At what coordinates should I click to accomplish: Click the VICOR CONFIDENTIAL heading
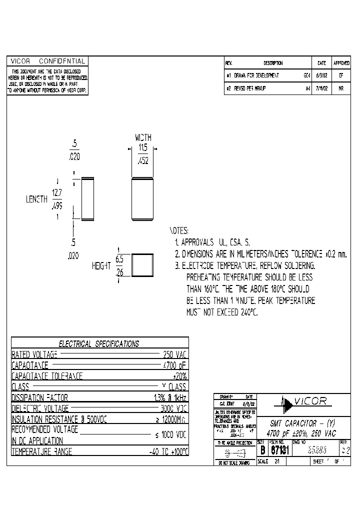tap(48, 61)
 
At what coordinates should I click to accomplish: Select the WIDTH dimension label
tap(143, 137)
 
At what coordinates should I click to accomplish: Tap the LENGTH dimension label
tap(36, 199)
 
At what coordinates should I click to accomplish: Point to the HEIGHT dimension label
tap(101, 266)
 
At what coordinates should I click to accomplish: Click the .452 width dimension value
tap(143, 161)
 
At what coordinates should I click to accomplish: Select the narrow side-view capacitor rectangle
tap(87, 198)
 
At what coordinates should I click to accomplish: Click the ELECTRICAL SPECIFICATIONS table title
tap(99, 343)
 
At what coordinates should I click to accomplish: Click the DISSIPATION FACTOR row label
tap(40, 397)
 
